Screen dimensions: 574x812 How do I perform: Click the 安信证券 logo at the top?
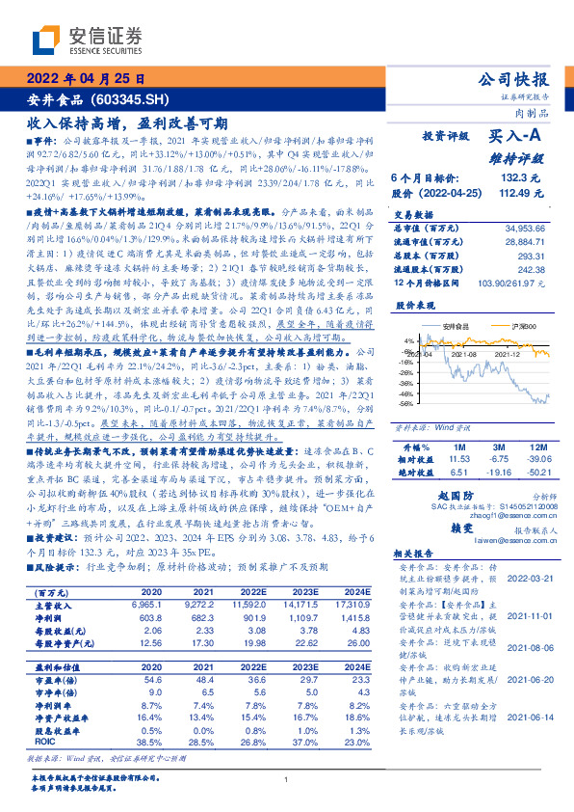87,41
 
